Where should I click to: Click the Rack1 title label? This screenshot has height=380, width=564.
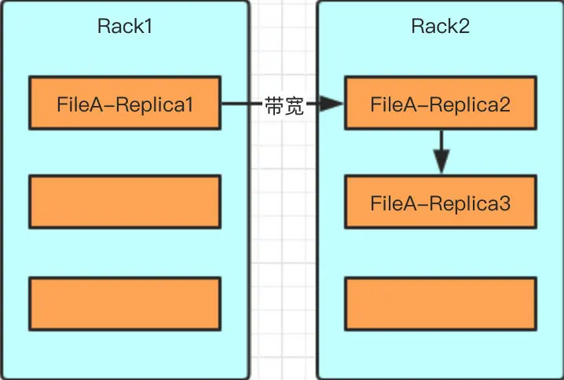click(x=124, y=26)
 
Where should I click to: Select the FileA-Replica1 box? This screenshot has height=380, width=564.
click(x=125, y=103)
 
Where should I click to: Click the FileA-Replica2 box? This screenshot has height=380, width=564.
click(x=441, y=103)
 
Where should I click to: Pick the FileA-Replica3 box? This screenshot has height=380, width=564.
click(x=441, y=203)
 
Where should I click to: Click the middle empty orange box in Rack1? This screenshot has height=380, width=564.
click(x=125, y=202)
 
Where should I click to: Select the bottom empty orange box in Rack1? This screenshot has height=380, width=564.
click(x=125, y=303)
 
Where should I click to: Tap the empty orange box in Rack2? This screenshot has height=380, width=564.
click(x=441, y=303)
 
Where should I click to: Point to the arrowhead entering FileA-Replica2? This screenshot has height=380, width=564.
click(x=333, y=104)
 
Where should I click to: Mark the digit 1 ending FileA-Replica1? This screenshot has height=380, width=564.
click(x=189, y=104)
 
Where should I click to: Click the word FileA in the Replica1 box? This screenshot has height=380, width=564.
click(x=76, y=104)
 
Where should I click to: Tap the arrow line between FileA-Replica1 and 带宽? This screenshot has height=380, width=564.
click(x=240, y=104)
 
